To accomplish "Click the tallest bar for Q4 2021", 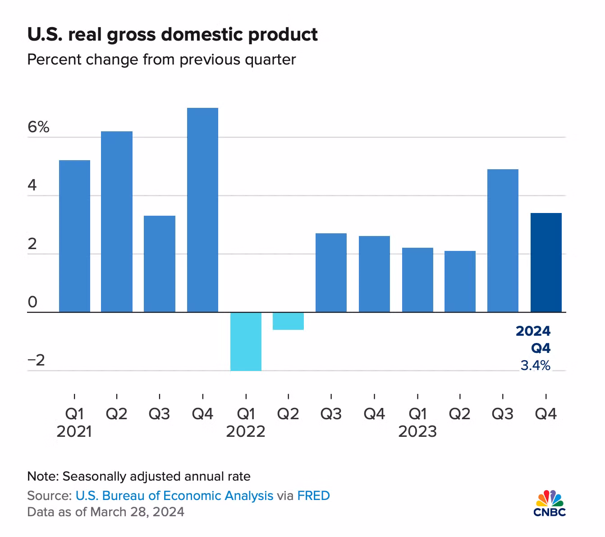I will [202, 210].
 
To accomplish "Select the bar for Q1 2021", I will [74, 236].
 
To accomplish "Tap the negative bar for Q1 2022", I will [246, 341].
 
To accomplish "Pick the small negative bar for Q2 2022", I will [288, 321].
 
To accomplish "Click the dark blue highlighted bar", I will [546, 262].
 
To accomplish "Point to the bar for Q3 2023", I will [503, 241].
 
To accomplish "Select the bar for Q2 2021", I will [117, 222].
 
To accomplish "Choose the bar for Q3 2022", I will [331, 273].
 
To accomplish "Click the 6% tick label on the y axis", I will [38, 127].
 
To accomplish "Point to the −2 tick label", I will [37, 361].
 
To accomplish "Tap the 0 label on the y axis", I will [32, 302].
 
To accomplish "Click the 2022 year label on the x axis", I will [246, 432].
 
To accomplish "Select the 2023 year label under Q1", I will [417, 432].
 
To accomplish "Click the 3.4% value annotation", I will [535, 366].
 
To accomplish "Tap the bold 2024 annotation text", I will [533, 331].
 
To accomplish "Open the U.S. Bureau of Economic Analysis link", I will [174, 495].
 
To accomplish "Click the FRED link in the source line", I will [313, 495].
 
